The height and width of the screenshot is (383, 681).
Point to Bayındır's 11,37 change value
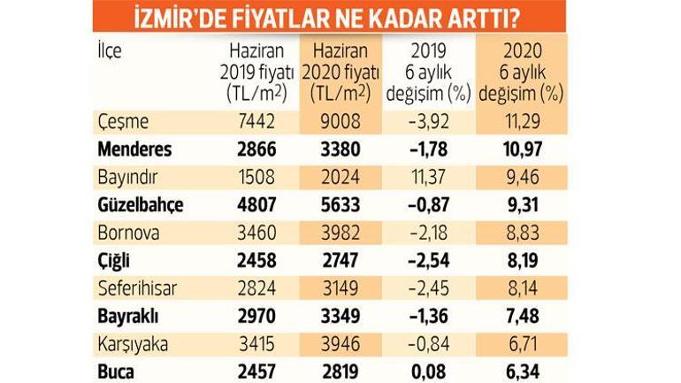(428, 178)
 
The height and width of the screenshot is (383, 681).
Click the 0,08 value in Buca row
(428, 372)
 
